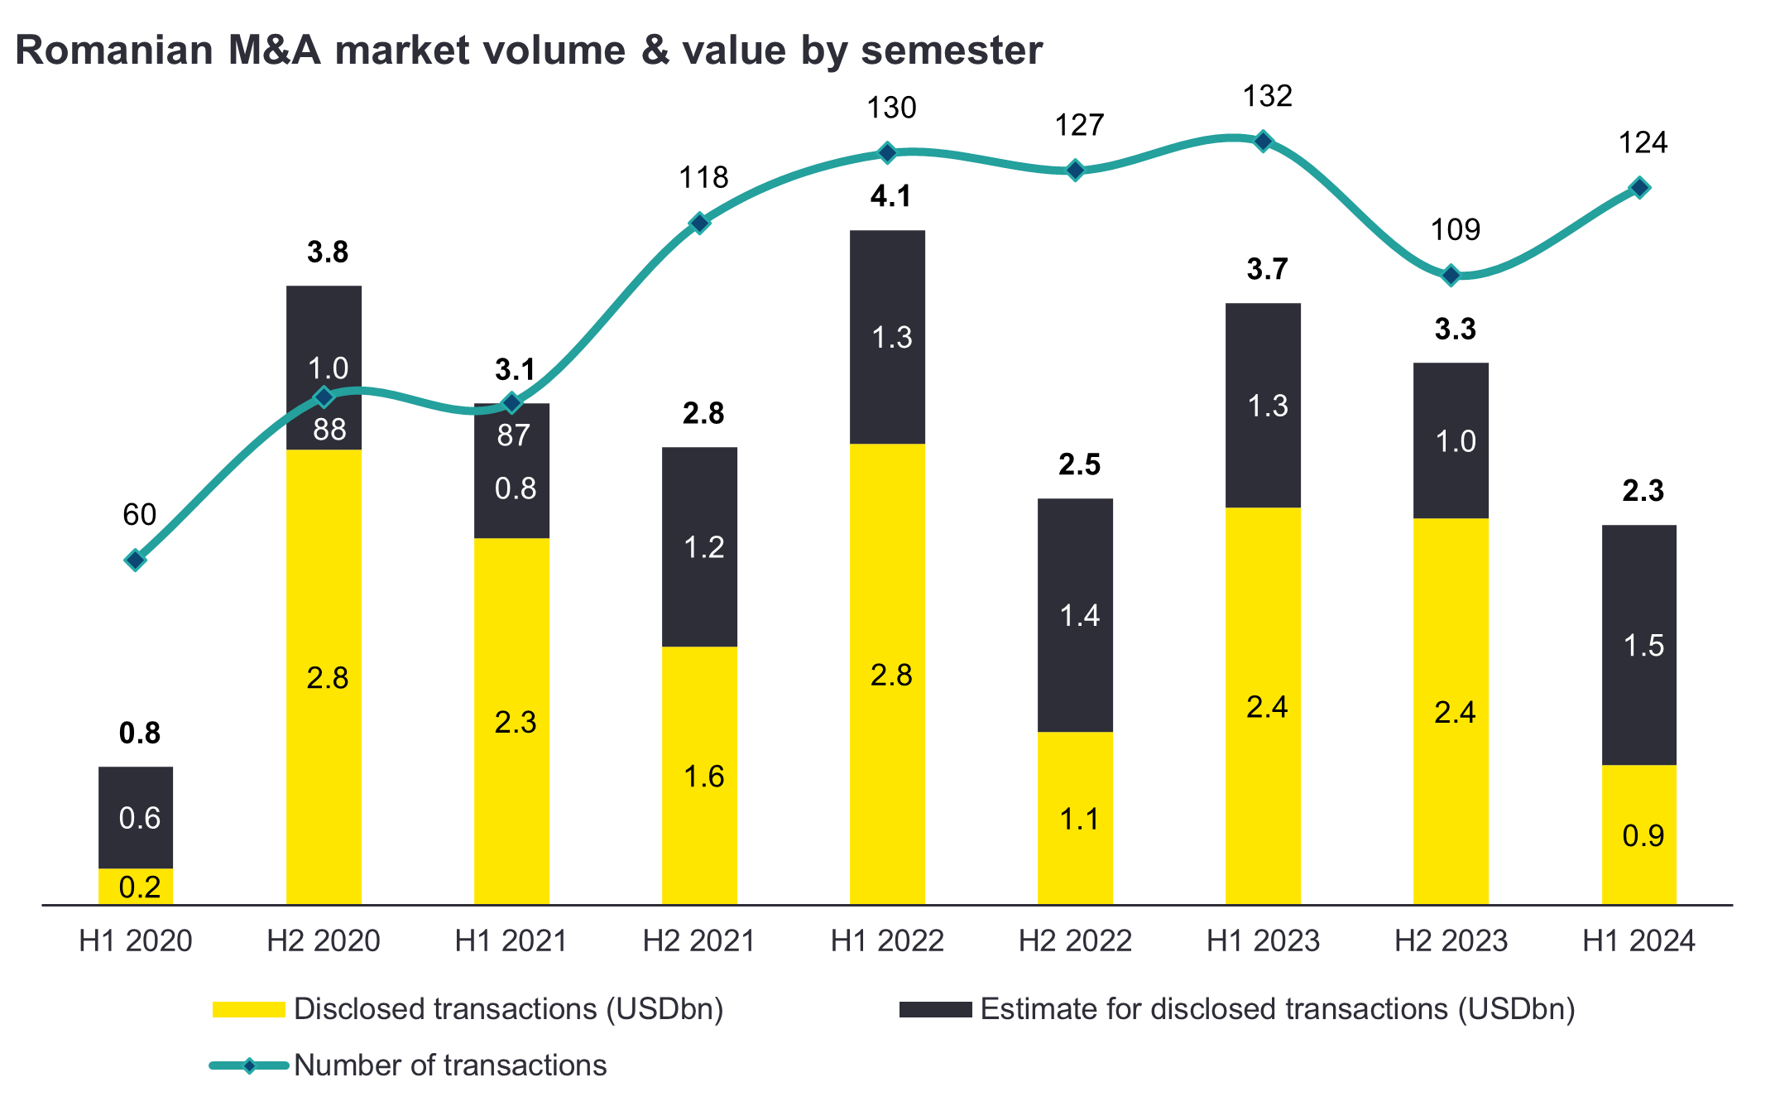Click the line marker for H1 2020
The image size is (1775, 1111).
pos(136,560)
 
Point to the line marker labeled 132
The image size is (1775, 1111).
pos(1263,142)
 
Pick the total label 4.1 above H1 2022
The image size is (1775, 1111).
pos(890,196)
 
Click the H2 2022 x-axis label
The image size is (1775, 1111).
pos(1075,941)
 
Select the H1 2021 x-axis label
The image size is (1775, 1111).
pos(511,941)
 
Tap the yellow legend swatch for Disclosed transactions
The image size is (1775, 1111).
pos(248,1009)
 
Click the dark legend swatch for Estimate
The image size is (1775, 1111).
pos(935,1009)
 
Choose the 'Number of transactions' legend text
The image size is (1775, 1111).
pos(450,1065)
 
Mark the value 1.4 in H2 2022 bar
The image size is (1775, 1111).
pos(1079,615)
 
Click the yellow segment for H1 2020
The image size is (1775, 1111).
pos(136,887)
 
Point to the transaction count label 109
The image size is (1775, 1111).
pos(1455,229)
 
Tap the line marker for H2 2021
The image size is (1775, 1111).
pos(699,224)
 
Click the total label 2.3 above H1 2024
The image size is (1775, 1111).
pos(1643,491)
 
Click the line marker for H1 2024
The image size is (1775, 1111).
pos(1639,188)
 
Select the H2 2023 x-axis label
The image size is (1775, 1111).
pos(1451,941)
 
